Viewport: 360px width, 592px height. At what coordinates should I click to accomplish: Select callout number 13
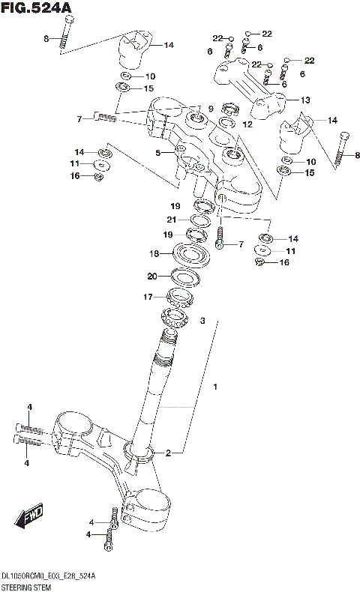pos(305,100)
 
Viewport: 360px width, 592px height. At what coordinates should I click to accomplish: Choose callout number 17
pos(148,297)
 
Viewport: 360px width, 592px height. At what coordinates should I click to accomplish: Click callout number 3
pos(202,321)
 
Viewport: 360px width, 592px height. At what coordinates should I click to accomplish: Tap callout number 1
pos(215,387)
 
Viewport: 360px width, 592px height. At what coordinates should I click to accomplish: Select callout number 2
pos(169,453)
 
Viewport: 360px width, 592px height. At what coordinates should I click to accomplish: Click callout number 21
pos(171,220)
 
